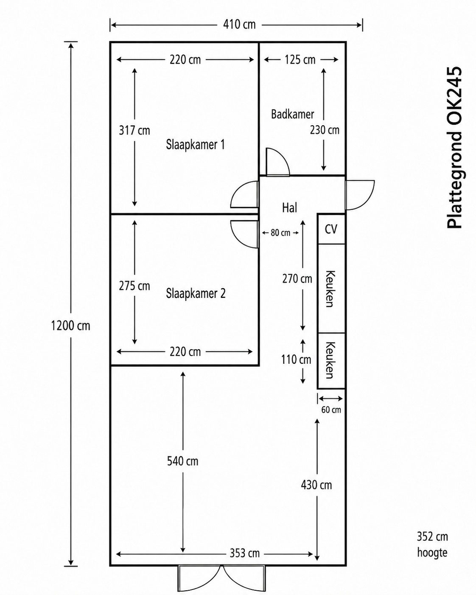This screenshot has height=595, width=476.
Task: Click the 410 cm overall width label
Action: click(239, 25)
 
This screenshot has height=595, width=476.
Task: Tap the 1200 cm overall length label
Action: click(71, 326)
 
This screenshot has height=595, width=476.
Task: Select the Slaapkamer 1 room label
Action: click(195, 145)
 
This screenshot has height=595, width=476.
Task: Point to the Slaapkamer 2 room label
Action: click(196, 293)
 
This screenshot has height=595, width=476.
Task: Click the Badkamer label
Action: click(292, 114)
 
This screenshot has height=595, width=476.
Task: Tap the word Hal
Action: click(289, 208)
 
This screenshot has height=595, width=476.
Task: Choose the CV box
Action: click(331, 229)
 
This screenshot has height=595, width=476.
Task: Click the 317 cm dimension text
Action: click(134, 130)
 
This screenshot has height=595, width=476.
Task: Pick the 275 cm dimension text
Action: click(134, 286)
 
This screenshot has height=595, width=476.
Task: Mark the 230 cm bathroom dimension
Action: click(325, 130)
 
